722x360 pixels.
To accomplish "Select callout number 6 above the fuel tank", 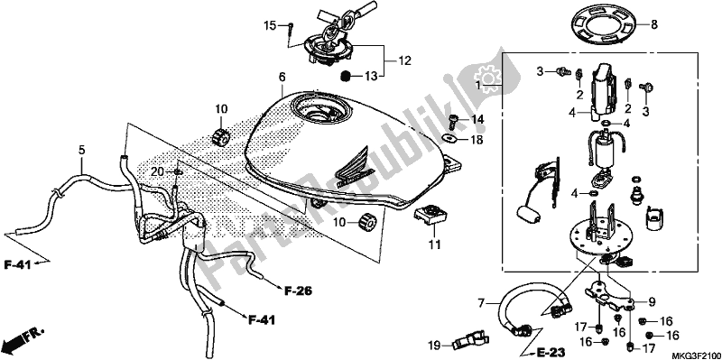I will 282,78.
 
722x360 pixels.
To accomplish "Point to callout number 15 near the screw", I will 268,25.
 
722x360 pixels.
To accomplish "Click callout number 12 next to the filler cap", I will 403,60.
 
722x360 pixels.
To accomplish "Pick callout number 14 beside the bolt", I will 477,119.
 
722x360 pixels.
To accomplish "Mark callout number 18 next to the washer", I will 477,141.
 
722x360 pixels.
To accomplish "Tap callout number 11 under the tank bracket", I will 433,244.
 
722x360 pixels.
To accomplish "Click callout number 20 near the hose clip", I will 154,171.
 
